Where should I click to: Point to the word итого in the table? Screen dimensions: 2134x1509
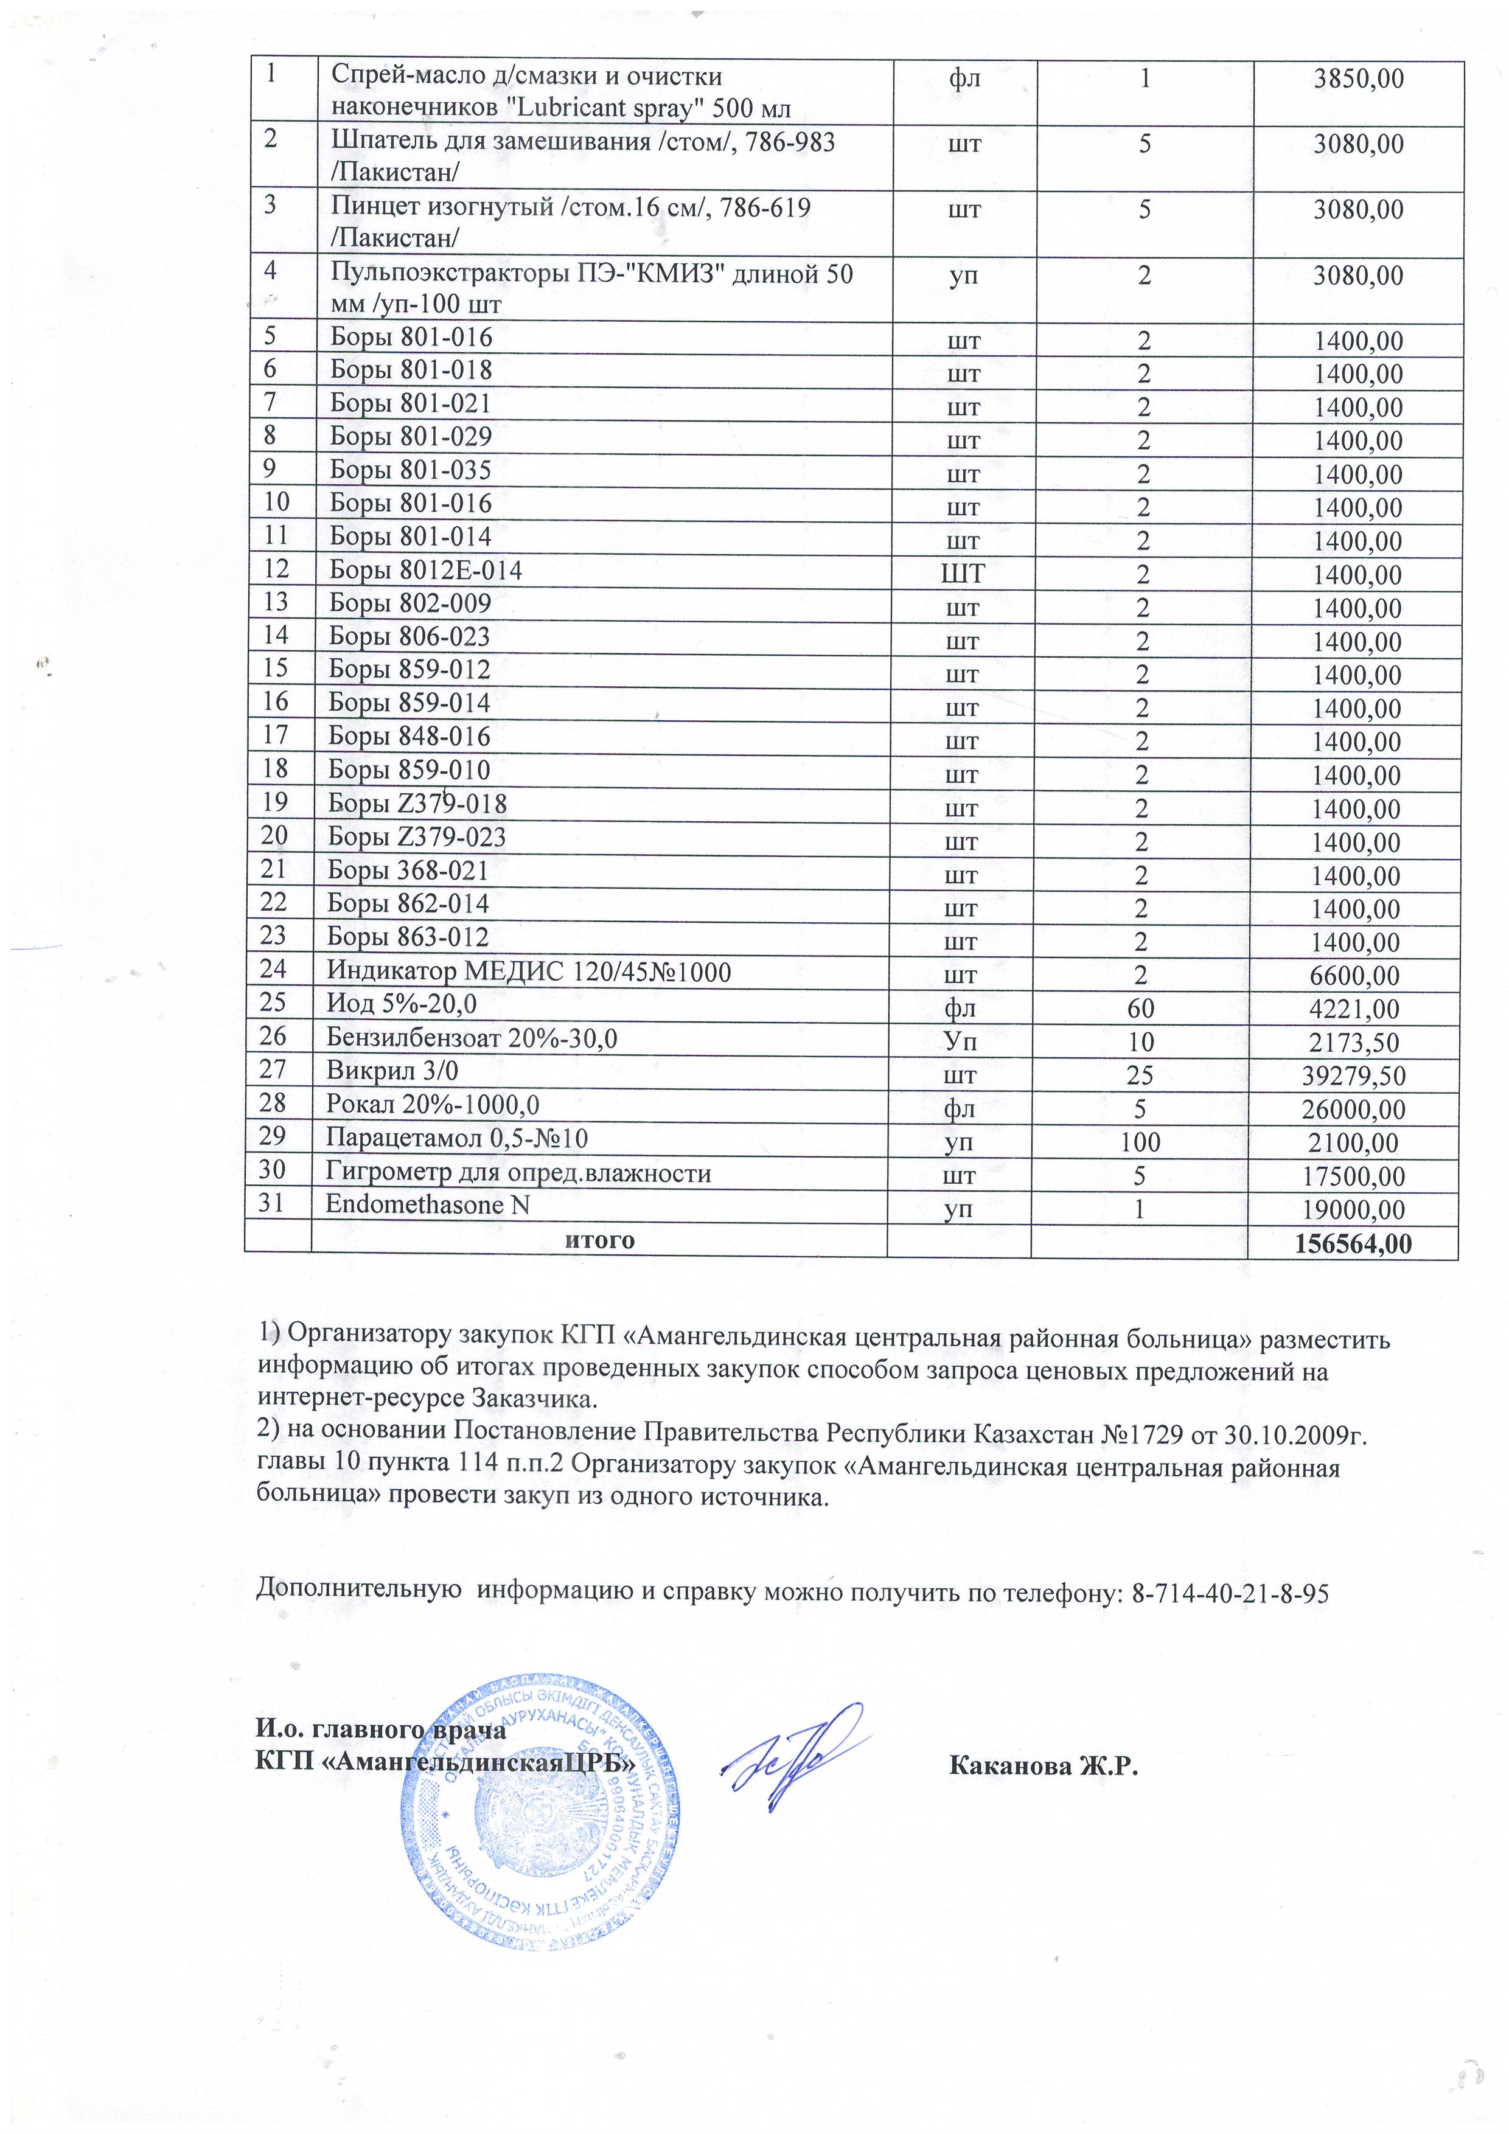tap(600, 1241)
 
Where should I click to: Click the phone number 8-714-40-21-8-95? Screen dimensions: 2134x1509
tap(1230, 1593)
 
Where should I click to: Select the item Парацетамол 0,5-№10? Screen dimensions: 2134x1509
tap(456, 1139)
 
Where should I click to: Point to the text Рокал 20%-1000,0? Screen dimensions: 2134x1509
tap(433, 1105)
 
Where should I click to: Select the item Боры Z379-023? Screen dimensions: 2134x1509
tap(417, 838)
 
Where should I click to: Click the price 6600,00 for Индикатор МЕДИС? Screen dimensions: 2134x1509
tap(1358, 976)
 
